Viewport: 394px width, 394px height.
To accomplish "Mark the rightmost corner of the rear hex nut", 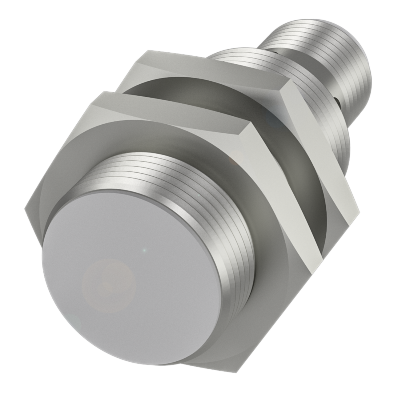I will coord(359,211).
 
